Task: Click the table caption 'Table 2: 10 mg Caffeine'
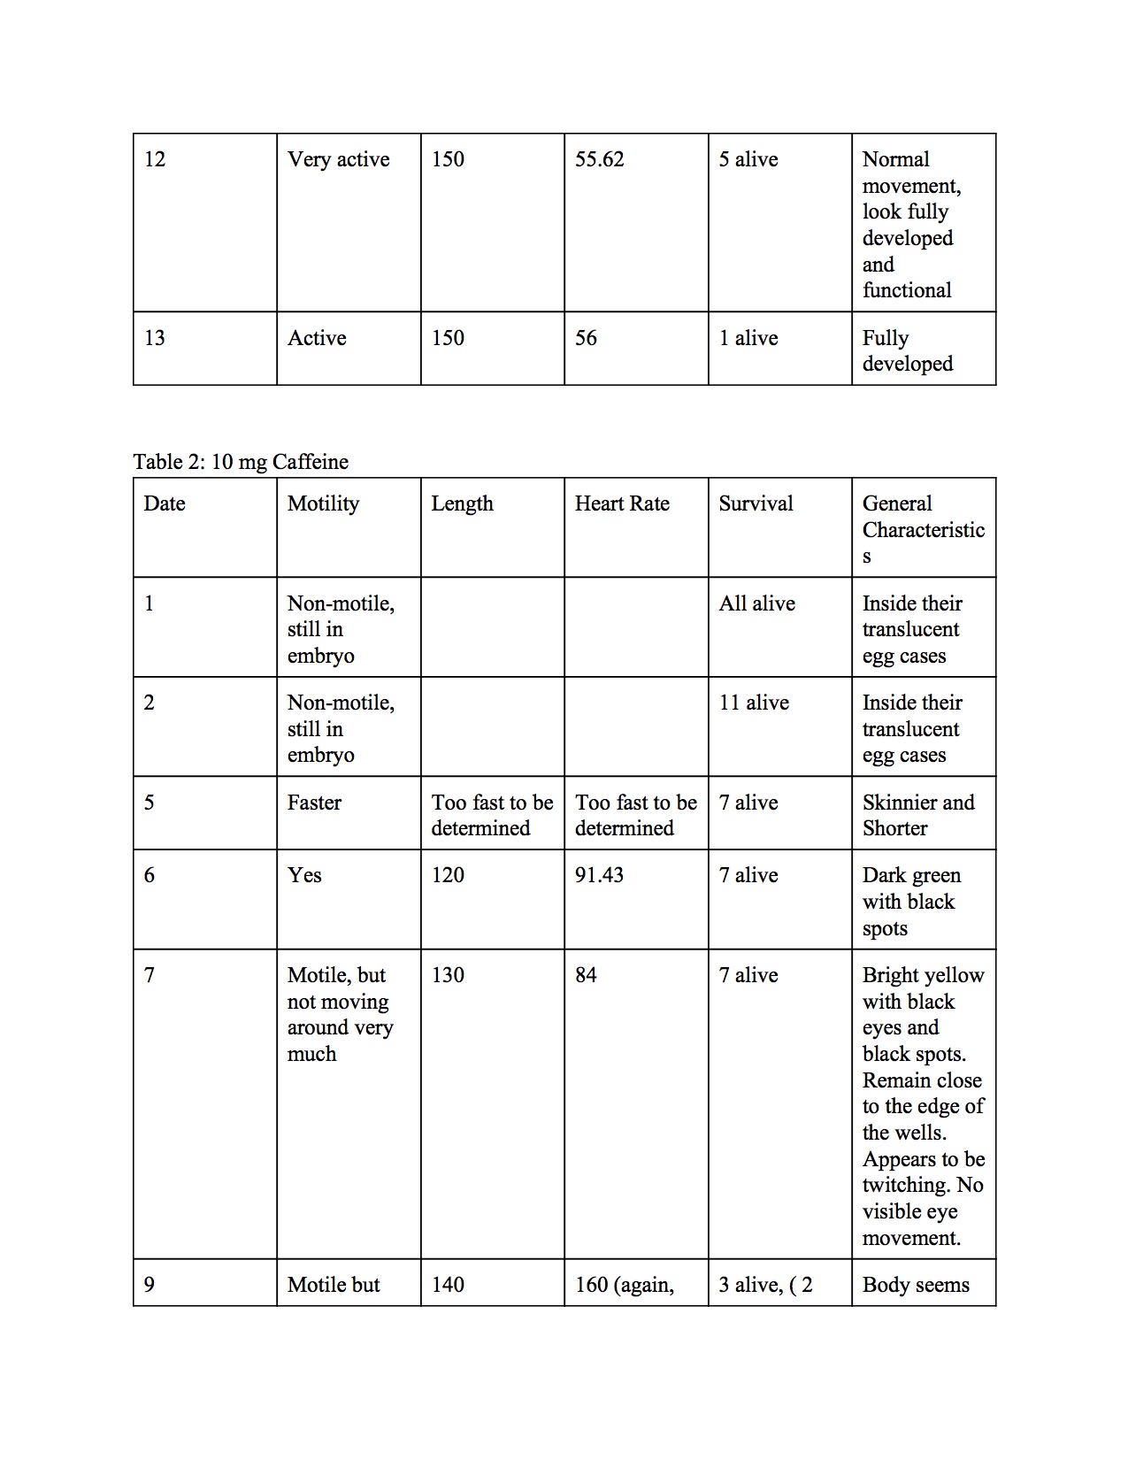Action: pos(241,462)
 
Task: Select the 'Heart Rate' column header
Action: pos(622,503)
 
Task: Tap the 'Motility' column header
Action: pos(323,503)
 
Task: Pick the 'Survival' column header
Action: pos(756,503)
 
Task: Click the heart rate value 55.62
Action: pos(599,159)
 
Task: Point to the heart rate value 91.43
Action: pos(599,875)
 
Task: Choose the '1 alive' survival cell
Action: pos(748,338)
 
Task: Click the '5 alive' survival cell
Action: pos(748,159)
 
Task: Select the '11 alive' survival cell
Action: pos(754,703)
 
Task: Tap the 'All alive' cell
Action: pos(756,603)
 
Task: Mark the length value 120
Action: pos(448,875)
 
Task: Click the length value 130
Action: pos(448,975)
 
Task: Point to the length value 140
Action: pos(448,1285)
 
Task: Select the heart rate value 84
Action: pos(586,975)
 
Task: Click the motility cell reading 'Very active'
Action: pos(338,159)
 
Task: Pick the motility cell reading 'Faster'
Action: pos(314,803)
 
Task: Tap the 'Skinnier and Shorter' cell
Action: pos(918,815)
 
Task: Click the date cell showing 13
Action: pos(155,338)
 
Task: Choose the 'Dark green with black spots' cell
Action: pos(911,902)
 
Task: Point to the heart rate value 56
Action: pos(586,338)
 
